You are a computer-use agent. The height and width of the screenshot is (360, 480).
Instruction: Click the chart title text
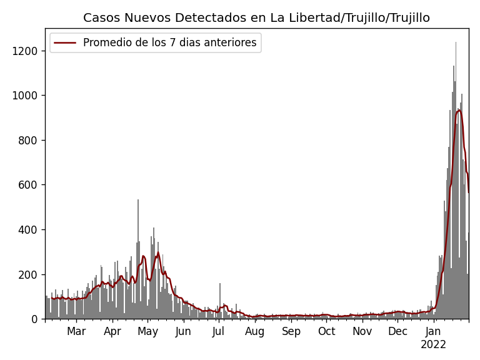[x=256, y=18]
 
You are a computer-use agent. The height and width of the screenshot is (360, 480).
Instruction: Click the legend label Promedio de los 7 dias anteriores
[x=169, y=43]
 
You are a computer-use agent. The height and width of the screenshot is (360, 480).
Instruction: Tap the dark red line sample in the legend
[x=65, y=43]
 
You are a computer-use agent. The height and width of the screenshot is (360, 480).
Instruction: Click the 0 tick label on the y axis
[x=35, y=319]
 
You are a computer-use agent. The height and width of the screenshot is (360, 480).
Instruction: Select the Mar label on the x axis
[x=76, y=332]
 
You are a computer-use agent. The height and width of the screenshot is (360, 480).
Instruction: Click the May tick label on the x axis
[x=148, y=332]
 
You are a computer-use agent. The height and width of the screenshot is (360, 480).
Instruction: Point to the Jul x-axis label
[x=219, y=332]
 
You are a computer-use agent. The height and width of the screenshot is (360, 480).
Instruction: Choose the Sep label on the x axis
[x=291, y=332]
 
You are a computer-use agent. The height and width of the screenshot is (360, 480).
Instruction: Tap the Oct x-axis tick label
[x=326, y=332]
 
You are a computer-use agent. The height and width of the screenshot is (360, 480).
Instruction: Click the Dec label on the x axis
[x=397, y=332]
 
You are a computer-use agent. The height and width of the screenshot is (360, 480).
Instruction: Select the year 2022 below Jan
[x=433, y=345]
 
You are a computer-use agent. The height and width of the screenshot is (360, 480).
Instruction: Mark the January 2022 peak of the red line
[x=459, y=110]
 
